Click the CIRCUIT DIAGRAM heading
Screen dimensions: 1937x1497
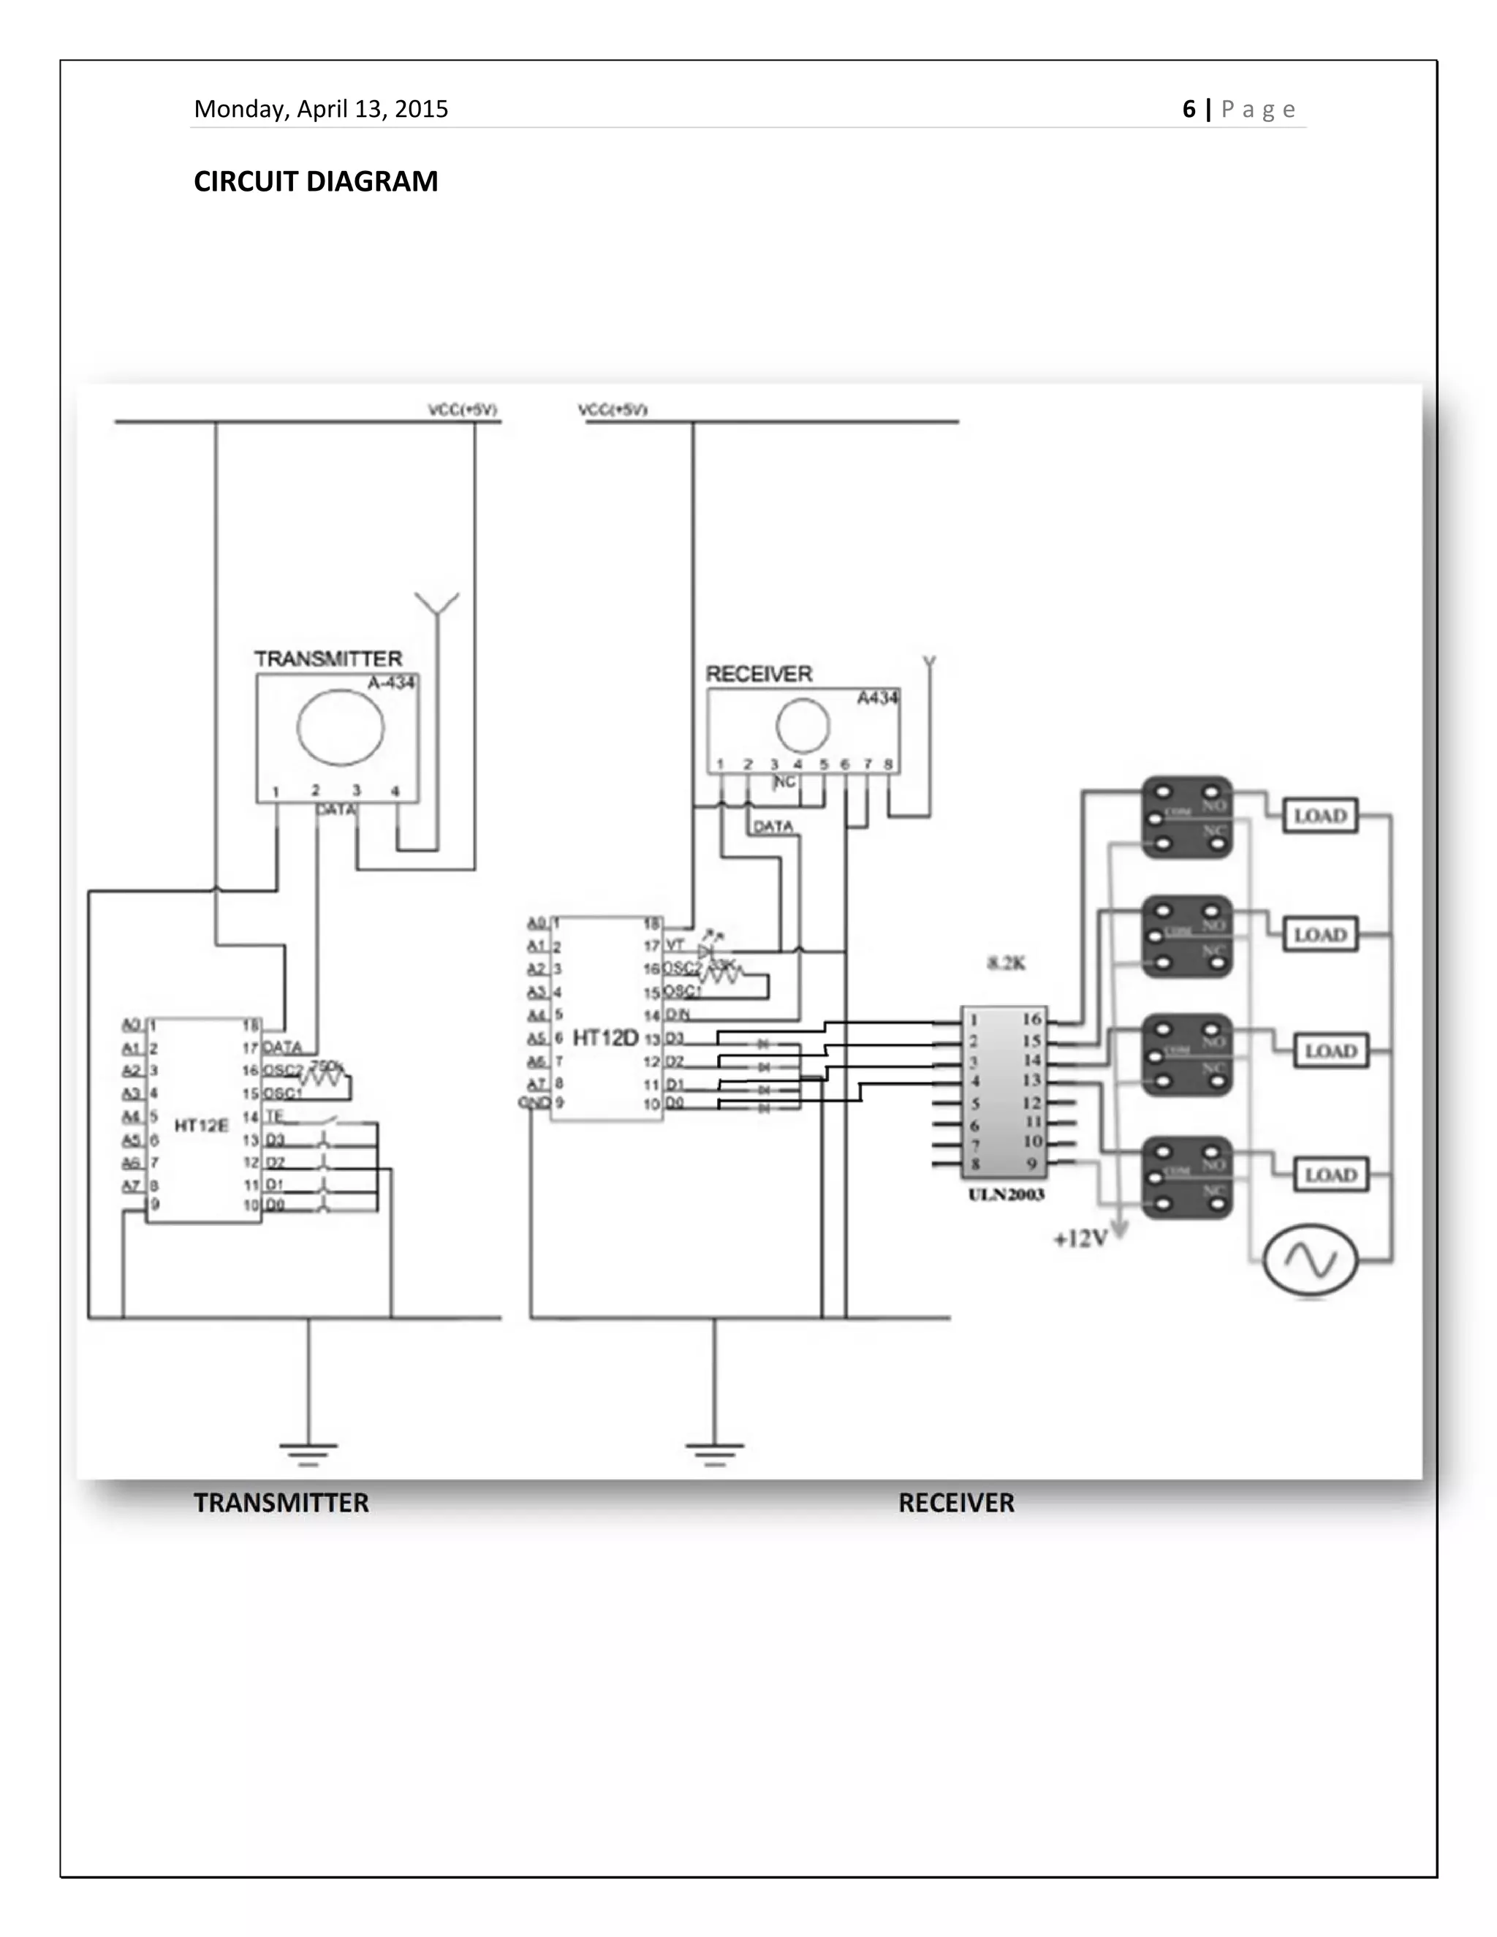point(316,181)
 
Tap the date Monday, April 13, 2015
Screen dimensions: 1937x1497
point(321,109)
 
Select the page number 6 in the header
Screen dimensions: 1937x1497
point(1189,109)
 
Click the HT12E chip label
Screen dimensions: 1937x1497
point(201,1126)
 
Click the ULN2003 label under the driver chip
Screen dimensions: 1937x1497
point(1006,1194)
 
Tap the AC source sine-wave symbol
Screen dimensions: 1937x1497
point(1310,1259)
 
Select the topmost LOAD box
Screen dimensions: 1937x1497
point(1319,816)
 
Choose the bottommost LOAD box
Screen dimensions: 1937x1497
point(1330,1175)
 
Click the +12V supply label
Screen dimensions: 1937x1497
point(1080,1239)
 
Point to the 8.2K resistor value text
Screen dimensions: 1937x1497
point(1006,963)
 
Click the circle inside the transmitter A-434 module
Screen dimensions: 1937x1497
point(341,727)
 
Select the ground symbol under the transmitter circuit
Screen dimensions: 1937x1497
point(308,1453)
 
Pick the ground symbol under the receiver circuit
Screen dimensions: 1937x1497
point(714,1453)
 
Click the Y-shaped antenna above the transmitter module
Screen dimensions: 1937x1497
point(437,605)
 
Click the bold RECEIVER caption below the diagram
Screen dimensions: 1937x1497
point(956,1502)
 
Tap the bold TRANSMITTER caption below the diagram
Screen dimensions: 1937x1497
point(281,1502)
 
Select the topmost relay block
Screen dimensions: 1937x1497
point(1186,818)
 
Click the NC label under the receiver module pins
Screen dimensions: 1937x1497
point(785,782)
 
